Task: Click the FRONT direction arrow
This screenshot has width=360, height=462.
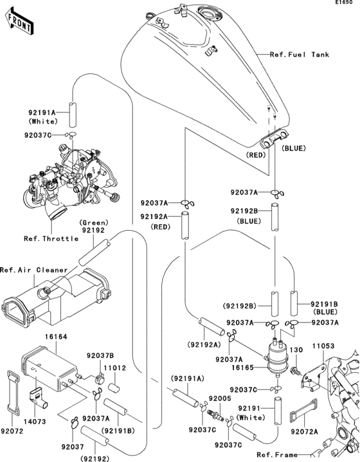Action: click(x=19, y=21)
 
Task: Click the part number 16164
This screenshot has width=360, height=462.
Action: click(x=56, y=337)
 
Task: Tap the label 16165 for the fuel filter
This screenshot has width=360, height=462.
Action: click(x=242, y=368)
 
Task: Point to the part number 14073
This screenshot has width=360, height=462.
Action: click(x=35, y=422)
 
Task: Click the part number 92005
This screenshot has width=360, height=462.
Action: click(x=220, y=398)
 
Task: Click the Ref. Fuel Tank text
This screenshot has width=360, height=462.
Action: click(x=300, y=55)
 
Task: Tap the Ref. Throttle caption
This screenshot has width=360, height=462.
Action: click(x=51, y=238)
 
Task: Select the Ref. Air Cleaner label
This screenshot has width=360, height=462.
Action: click(x=34, y=270)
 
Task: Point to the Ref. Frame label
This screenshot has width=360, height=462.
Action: click(x=277, y=455)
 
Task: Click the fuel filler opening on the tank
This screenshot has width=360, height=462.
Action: click(x=210, y=13)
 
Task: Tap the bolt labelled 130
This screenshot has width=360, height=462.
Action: click(x=296, y=371)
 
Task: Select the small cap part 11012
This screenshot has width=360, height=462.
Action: click(x=114, y=387)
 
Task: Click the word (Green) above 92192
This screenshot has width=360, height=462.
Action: click(x=94, y=223)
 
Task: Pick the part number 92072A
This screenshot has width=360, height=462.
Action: click(x=304, y=432)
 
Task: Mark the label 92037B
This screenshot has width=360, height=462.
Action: click(x=100, y=355)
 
